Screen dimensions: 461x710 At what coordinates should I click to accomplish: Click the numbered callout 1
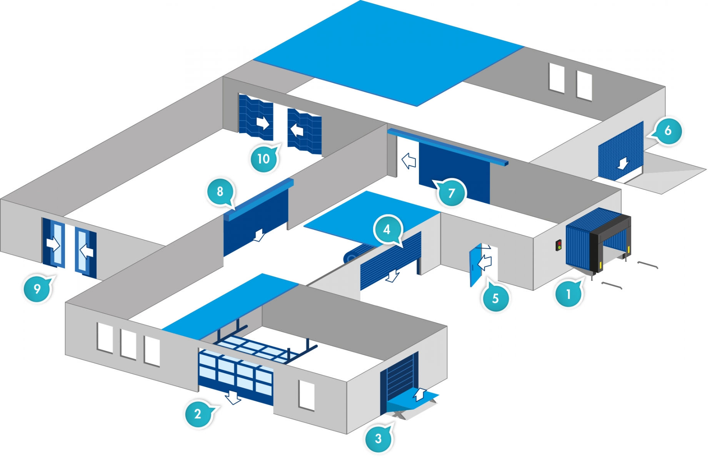point(568,294)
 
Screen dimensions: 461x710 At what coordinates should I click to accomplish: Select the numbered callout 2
point(198,413)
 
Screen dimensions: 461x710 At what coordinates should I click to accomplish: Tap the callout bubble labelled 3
point(378,438)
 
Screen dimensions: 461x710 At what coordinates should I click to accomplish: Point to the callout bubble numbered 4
point(387,229)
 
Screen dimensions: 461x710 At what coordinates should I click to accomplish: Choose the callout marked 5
point(495,298)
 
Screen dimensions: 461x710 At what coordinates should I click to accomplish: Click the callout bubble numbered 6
point(668,131)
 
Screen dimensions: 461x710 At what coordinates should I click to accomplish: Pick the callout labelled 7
point(451,192)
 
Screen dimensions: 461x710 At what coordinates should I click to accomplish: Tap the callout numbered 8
point(220,191)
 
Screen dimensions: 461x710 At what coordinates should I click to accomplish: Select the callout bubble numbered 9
point(37,288)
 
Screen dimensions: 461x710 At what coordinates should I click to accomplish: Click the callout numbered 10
point(263,158)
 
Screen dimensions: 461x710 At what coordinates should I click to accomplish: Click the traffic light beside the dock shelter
point(558,245)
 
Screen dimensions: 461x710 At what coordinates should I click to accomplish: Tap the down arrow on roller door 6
point(623,163)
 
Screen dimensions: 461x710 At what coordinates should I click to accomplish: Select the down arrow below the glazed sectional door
point(233,398)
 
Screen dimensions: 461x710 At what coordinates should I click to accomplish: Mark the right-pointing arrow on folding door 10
point(263,123)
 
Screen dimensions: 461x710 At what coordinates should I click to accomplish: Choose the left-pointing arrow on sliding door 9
point(87,251)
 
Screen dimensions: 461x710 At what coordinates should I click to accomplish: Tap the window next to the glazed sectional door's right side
point(307,395)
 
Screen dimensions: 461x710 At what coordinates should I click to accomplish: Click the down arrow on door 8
point(259,235)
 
